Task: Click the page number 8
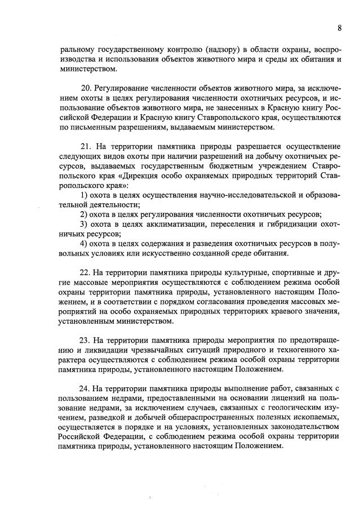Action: coord(340,28)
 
